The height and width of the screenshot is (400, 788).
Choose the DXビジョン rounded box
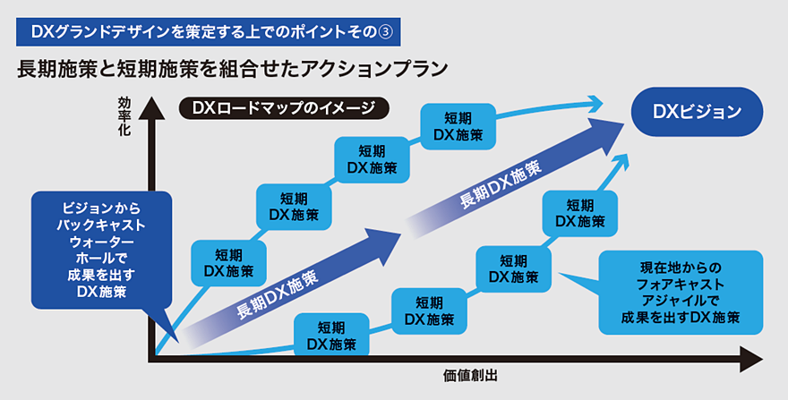[697, 112]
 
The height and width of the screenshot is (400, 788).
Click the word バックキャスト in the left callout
[100, 224]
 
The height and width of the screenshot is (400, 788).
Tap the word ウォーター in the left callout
[100, 242]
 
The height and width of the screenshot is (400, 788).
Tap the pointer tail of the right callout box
[573, 278]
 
